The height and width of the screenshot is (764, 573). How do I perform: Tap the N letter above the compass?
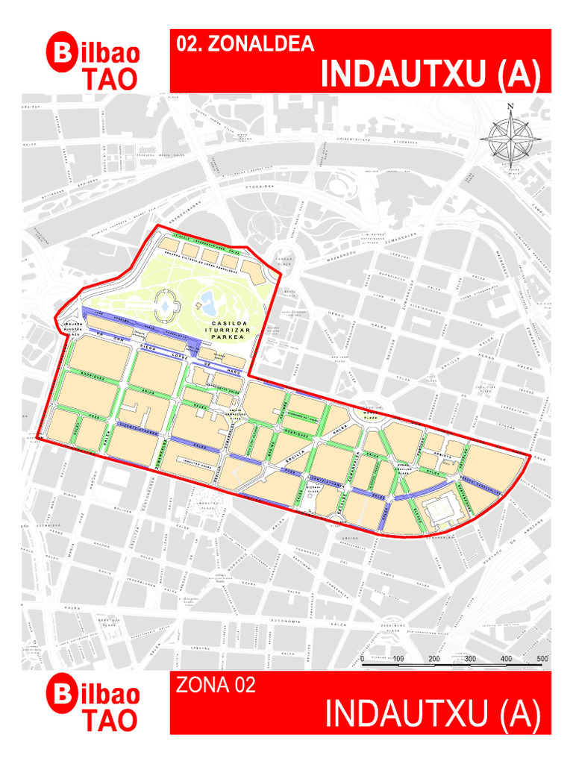(x=511, y=107)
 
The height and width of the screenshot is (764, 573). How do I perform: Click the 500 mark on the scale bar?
(x=542, y=659)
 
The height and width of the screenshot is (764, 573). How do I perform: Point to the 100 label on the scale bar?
(x=398, y=659)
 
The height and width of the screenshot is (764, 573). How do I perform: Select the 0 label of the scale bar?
(x=363, y=659)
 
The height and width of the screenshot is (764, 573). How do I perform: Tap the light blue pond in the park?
(x=207, y=302)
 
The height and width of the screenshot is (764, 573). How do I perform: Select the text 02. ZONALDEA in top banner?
(x=245, y=44)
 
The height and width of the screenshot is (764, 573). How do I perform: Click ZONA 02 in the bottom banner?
(x=216, y=685)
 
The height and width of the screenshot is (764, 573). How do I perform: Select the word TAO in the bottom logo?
(x=110, y=720)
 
